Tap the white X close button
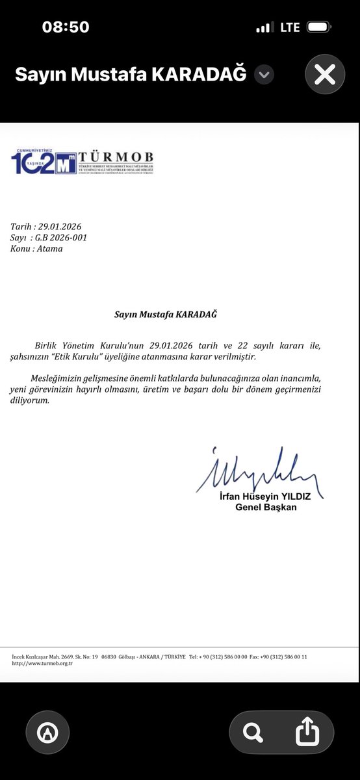[324, 75]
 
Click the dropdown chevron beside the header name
[263, 75]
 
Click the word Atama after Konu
[50, 248]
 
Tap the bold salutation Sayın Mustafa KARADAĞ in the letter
[165, 315]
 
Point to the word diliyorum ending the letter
[30, 400]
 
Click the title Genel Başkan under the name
[266, 507]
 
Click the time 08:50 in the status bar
[66, 27]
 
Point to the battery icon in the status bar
[320, 27]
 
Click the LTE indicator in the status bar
[290, 27]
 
